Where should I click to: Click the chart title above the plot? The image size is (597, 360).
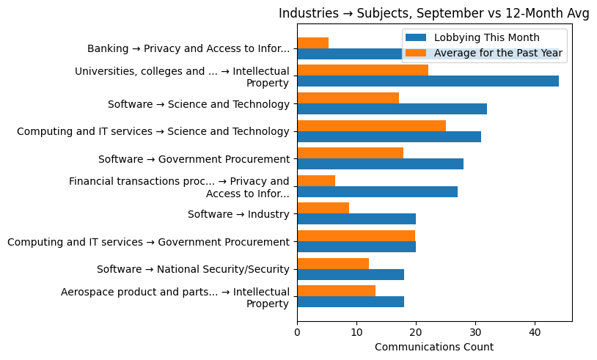(x=434, y=13)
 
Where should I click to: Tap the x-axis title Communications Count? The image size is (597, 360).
(x=433, y=347)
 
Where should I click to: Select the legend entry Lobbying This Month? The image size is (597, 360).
(x=486, y=38)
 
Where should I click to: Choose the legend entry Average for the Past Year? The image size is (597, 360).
(x=498, y=53)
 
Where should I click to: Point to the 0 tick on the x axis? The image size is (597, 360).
(x=297, y=331)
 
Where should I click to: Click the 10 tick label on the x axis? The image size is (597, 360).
(x=356, y=331)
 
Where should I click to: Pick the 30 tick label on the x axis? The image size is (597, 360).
(x=475, y=331)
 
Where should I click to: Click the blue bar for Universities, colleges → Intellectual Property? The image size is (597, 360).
(x=428, y=81)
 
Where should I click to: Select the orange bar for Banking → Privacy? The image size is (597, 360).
(x=312, y=43)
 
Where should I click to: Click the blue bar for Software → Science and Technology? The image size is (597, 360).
(x=392, y=109)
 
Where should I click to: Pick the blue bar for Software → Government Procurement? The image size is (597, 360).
(x=380, y=164)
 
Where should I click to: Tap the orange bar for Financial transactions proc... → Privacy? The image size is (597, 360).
(x=316, y=180)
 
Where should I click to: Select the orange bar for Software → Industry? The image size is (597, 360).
(x=323, y=208)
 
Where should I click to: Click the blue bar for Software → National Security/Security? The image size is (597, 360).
(x=351, y=274)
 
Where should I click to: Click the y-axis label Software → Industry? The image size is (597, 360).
(x=238, y=214)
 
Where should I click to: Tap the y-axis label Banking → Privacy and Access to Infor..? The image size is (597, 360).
(x=188, y=49)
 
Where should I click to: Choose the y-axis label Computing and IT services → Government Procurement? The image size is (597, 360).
(x=148, y=242)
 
